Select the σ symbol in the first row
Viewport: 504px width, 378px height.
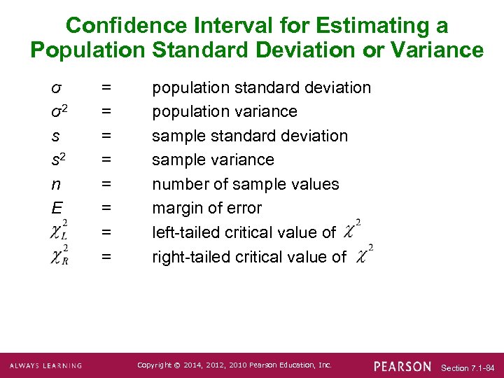[x=56, y=87]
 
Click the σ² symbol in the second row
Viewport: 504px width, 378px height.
[x=59, y=111]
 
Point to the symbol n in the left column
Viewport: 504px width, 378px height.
[x=55, y=184]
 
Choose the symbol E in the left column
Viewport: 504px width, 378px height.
[x=56, y=208]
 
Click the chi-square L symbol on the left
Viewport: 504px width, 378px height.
[x=59, y=231]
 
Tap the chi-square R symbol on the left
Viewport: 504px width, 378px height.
[x=59, y=256]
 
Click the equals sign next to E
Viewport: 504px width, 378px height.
[x=106, y=208]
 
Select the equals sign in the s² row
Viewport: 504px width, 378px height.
[x=106, y=160]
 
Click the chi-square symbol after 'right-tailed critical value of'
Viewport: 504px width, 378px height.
[x=363, y=255]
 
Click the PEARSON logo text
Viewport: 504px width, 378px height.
[x=402, y=366]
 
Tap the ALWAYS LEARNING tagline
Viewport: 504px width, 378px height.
[x=45, y=366]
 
